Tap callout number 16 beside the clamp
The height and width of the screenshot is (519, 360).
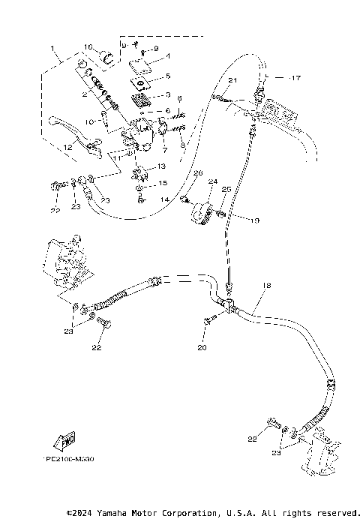tap(88, 46)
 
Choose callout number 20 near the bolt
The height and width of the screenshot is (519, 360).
tap(201, 348)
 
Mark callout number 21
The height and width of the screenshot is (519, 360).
tap(232, 80)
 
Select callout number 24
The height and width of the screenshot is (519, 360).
tap(212, 181)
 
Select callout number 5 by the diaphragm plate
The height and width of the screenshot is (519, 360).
tap(168, 76)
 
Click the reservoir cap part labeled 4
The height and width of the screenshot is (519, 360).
tap(142, 67)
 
